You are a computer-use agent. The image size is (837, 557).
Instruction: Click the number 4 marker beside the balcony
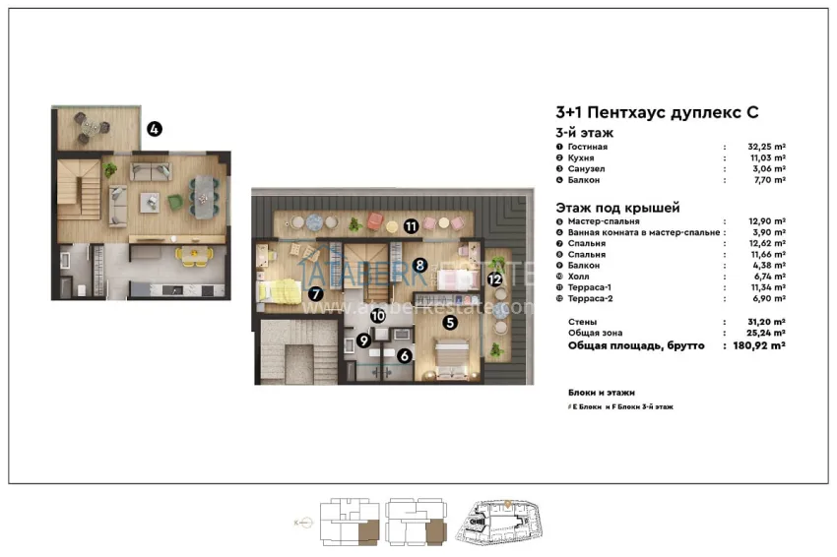pyautogui.click(x=155, y=129)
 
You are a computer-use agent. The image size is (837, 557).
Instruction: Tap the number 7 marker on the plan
pyautogui.click(x=315, y=292)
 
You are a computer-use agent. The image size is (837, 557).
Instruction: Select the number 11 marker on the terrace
pyautogui.click(x=410, y=225)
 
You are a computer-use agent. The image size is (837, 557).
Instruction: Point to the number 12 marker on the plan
pyautogui.click(x=494, y=278)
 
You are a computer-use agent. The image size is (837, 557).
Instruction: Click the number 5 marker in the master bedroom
pyautogui.click(x=449, y=321)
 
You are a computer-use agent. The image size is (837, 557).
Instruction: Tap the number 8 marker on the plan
pyautogui.click(x=419, y=264)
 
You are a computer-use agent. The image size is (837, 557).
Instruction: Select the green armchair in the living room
pyautogui.click(x=175, y=202)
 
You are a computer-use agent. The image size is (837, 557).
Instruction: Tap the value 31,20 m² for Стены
pyautogui.click(x=766, y=323)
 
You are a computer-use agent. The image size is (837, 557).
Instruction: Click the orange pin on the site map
pyautogui.click(x=506, y=504)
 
